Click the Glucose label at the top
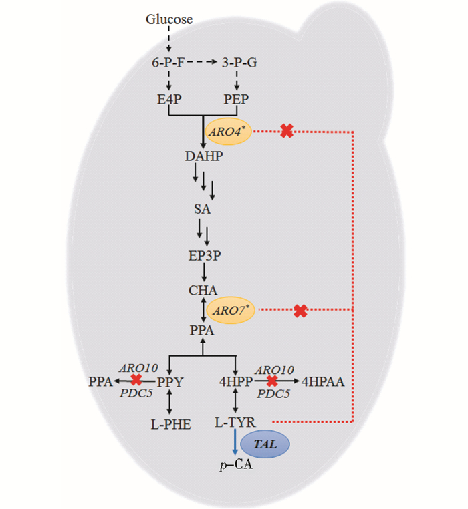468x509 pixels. (x=169, y=19)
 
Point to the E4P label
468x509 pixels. (x=170, y=99)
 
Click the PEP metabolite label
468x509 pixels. (x=235, y=99)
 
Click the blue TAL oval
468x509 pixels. (x=266, y=442)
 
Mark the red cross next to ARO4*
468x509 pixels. (x=287, y=131)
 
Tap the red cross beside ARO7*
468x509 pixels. (x=301, y=310)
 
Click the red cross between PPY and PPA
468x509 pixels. (x=136, y=380)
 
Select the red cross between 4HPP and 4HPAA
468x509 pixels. (x=271, y=381)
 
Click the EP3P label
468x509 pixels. (x=203, y=254)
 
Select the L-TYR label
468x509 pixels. (x=235, y=422)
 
